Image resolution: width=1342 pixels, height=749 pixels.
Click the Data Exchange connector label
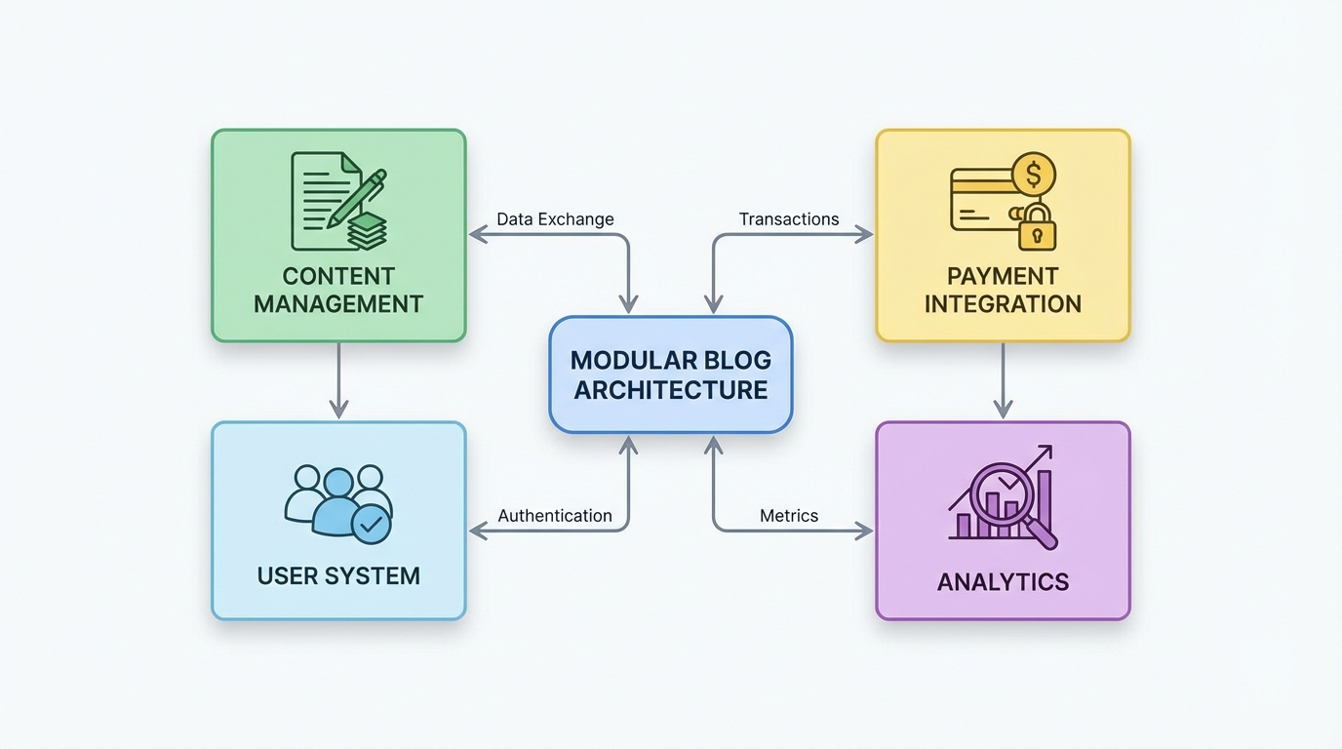pos(555,219)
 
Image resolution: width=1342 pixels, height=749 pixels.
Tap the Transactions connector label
pos(788,219)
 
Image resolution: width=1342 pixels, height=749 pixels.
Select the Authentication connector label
pos(555,516)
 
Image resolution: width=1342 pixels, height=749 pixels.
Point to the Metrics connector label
pos(788,516)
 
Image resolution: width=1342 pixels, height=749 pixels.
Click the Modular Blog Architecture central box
pos(671,374)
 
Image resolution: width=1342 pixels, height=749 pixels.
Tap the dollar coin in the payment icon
pos(1034,177)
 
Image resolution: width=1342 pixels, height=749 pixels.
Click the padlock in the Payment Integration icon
pos(1038,229)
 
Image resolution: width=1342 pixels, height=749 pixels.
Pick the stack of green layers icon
pos(367,230)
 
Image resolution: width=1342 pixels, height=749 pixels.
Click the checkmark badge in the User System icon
pos(371,524)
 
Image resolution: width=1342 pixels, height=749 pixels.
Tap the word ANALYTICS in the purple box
pos(1003,582)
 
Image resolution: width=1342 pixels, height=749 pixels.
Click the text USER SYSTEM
pos(338,575)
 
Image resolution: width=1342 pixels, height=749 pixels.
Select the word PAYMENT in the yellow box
pos(1003,276)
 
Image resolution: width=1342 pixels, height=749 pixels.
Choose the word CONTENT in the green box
pos(338,276)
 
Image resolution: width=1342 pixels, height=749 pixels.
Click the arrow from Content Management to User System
pos(338,380)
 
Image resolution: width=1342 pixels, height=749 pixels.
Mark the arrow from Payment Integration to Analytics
pos(1003,380)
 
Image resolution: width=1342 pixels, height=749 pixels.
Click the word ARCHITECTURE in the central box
pos(671,390)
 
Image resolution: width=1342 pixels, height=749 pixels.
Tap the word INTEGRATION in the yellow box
pos(1003,304)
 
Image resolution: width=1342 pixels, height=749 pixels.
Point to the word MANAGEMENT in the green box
pos(338,304)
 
